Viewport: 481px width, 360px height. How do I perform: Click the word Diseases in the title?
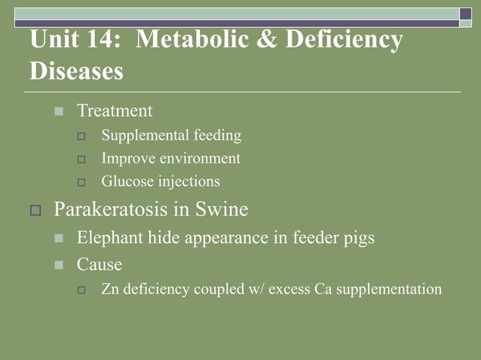[76, 72]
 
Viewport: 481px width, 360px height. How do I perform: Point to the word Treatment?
[115, 111]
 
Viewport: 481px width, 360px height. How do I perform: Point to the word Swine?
[222, 209]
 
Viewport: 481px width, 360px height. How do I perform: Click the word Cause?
[99, 264]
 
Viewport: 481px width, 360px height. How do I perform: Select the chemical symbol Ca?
[325, 288]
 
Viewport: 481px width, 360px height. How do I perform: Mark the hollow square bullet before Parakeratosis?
[35, 210]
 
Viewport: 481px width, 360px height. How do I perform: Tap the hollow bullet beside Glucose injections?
[84, 182]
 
